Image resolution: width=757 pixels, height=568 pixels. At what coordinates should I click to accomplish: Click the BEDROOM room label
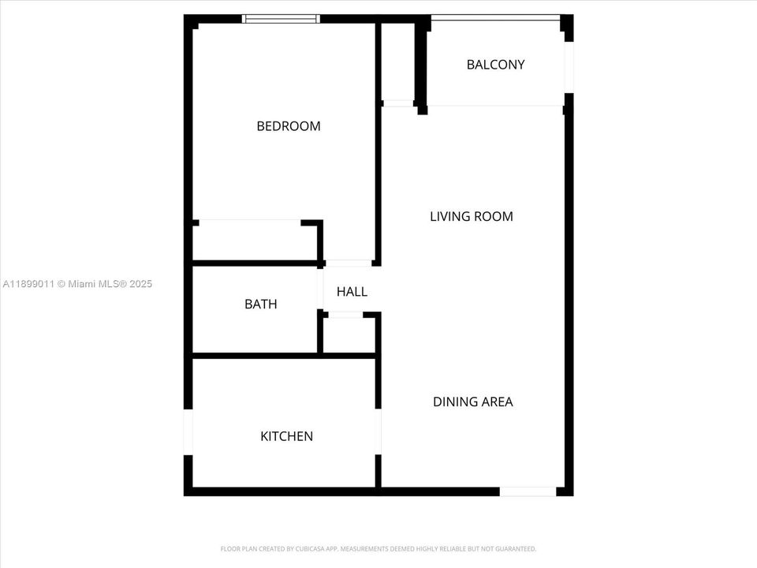(x=289, y=126)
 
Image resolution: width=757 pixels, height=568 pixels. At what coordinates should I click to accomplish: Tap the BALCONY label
(x=495, y=65)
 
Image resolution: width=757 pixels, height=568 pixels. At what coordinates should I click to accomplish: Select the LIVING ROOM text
(x=471, y=216)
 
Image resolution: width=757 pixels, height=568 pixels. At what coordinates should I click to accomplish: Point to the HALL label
(x=352, y=292)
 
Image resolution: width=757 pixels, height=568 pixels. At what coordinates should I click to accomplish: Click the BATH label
(x=260, y=304)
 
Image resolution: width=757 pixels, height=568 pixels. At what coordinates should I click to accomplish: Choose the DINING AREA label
(x=472, y=402)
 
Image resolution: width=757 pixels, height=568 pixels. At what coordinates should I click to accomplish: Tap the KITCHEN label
(x=286, y=436)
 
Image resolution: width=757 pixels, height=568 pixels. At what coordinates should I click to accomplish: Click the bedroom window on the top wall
(x=281, y=18)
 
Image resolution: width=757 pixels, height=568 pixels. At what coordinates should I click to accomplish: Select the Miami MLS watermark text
(x=77, y=284)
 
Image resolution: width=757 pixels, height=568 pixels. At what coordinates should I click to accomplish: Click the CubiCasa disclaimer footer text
(x=378, y=548)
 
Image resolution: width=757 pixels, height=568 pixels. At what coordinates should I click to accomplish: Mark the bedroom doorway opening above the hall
(x=349, y=262)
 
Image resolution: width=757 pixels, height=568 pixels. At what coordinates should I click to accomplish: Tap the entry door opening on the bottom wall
(x=528, y=491)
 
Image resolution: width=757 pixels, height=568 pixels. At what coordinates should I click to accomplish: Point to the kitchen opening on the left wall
(x=188, y=432)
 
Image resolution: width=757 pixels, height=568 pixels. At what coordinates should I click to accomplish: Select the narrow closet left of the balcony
(x=398, y=63)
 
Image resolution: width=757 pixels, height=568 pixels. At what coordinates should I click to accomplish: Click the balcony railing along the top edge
(x=495, y=17)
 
